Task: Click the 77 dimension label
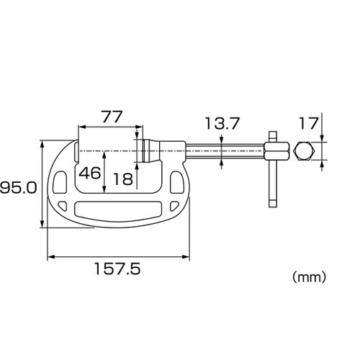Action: tap(112, 117)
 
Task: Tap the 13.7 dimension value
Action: tap(222, 124)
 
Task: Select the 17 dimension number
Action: tap(308, 124)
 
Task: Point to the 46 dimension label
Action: tap(90, 173)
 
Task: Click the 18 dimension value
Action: tap(123, 179)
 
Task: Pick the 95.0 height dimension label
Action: tap(19, 187)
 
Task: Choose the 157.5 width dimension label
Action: tap(117, 269)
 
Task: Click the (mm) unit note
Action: tap(309, 277)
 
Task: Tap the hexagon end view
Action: tap(304, 150)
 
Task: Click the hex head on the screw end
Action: tap(276, 151)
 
